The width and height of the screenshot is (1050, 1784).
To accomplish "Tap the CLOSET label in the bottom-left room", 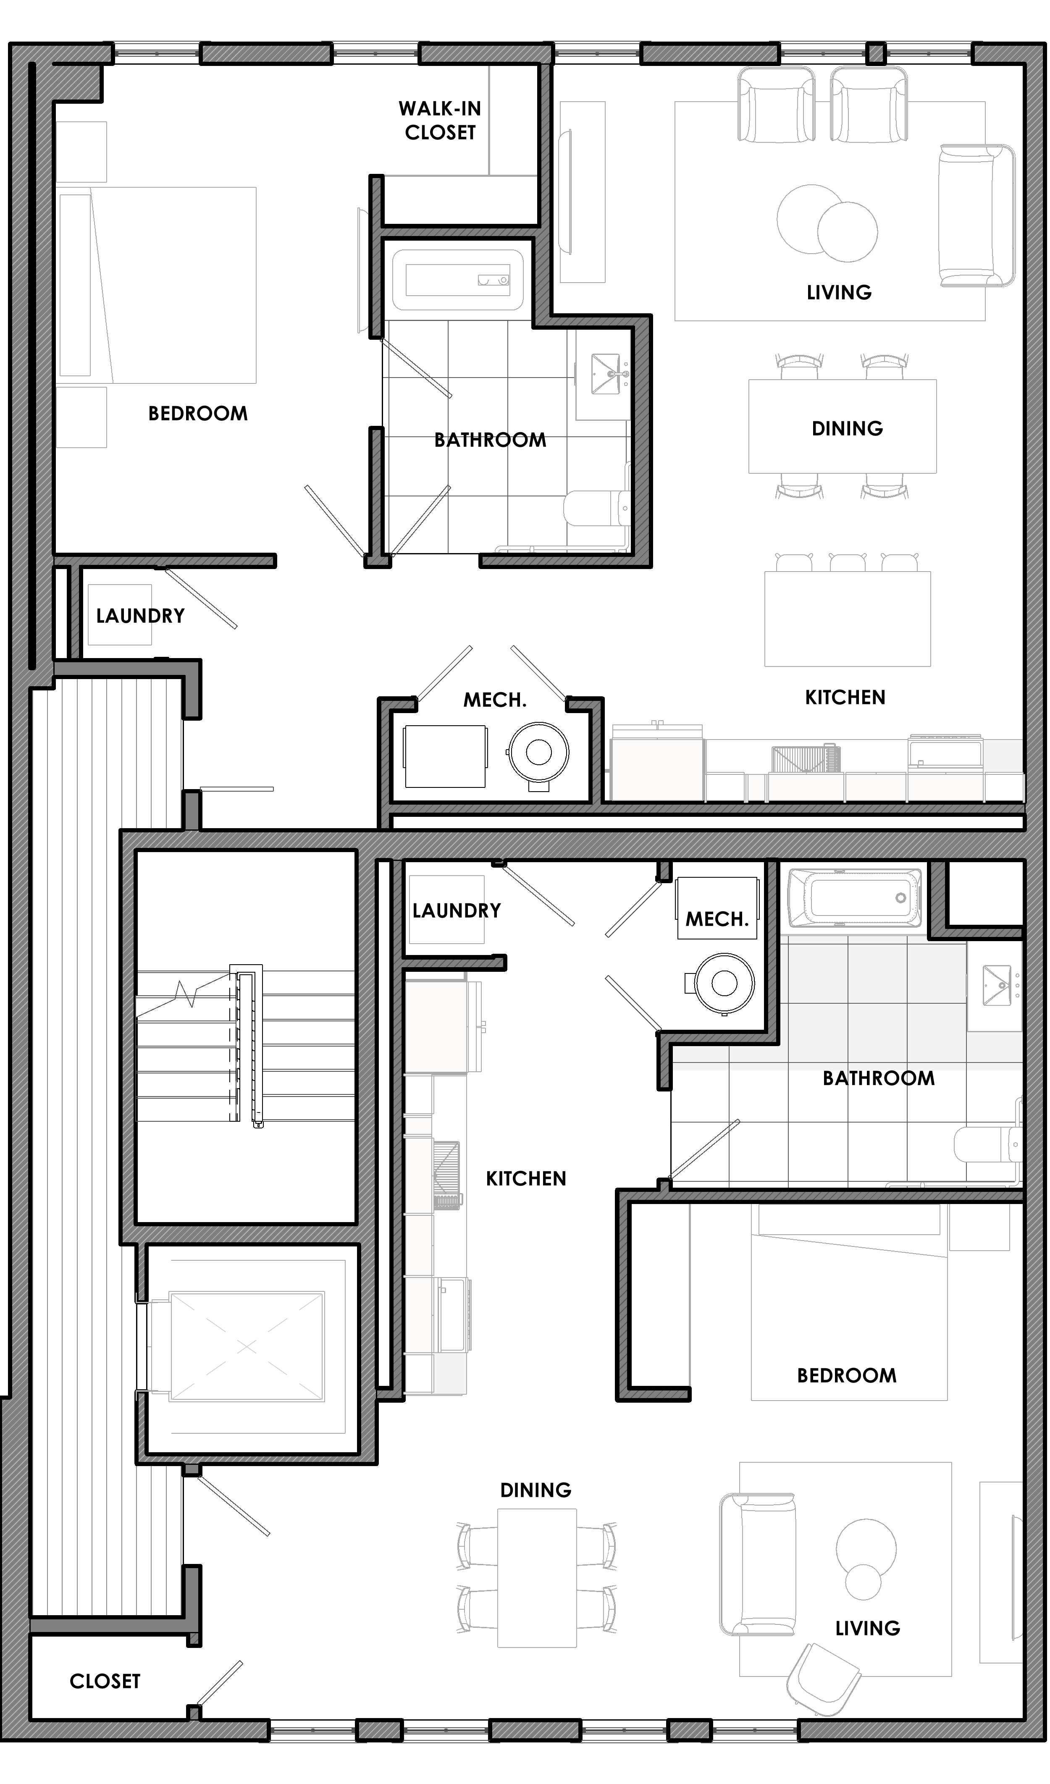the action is click(105, 1682).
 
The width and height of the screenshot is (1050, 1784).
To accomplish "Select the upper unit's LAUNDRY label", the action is click(140, 616).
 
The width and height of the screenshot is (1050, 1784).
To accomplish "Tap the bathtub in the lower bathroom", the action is click(855, 897).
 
